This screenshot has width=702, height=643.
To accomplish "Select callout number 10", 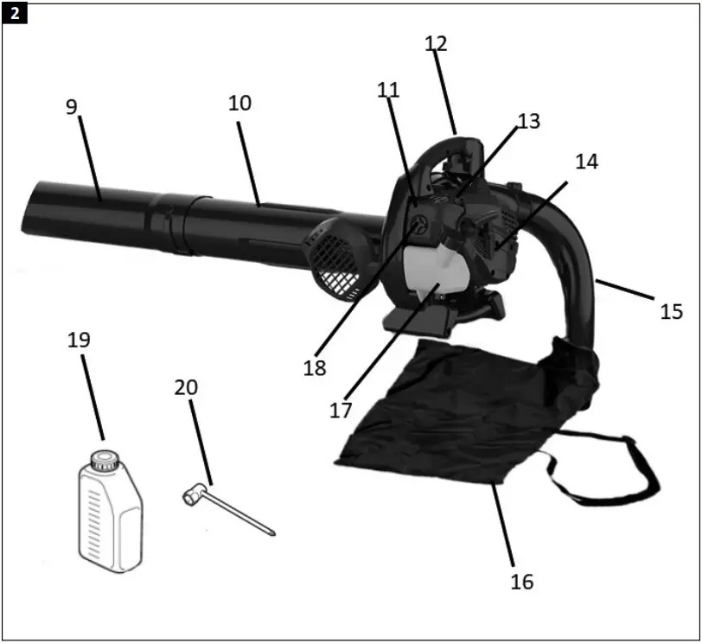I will pos(239,102).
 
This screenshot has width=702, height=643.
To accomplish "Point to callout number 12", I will pos(437,42).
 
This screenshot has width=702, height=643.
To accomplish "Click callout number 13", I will pos(528,121).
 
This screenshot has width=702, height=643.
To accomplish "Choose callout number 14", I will pos(585,162).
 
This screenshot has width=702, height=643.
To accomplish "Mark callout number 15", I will pos(671,310).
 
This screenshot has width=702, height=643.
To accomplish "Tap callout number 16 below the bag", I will pos(521,582).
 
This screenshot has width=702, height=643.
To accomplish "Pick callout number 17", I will pos(341,409).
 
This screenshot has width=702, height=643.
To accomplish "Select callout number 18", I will pos(315,366).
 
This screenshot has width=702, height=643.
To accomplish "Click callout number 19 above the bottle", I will pos(79,340).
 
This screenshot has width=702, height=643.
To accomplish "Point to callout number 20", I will pos(186,387).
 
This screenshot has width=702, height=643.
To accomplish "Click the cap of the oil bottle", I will pos(105,457).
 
